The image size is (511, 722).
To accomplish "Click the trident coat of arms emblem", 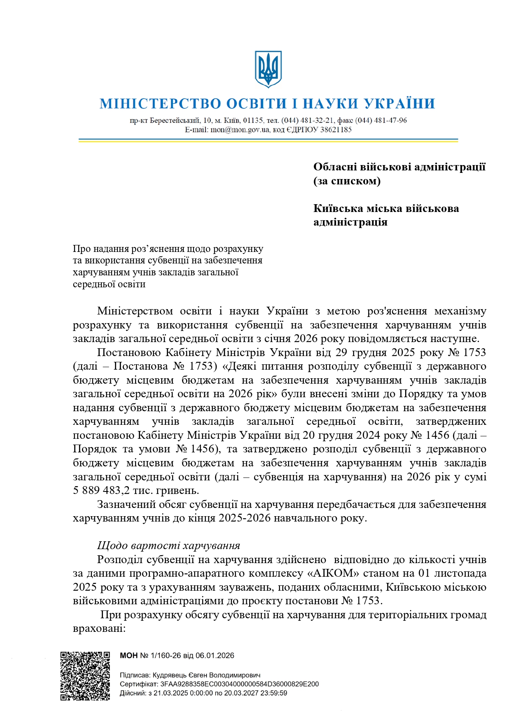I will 268,69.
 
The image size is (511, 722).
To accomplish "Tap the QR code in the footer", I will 85,675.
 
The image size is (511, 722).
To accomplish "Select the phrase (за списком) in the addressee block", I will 347,181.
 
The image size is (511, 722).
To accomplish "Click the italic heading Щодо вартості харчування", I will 168,546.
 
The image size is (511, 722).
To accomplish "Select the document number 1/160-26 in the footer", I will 166,656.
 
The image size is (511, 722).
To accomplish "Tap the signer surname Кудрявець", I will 169,675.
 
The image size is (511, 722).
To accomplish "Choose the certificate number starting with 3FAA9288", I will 239,684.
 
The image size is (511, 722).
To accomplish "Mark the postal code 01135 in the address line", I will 253,121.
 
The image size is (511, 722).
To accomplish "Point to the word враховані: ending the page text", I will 99,629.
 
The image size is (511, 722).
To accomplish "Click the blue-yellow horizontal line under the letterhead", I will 268,140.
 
